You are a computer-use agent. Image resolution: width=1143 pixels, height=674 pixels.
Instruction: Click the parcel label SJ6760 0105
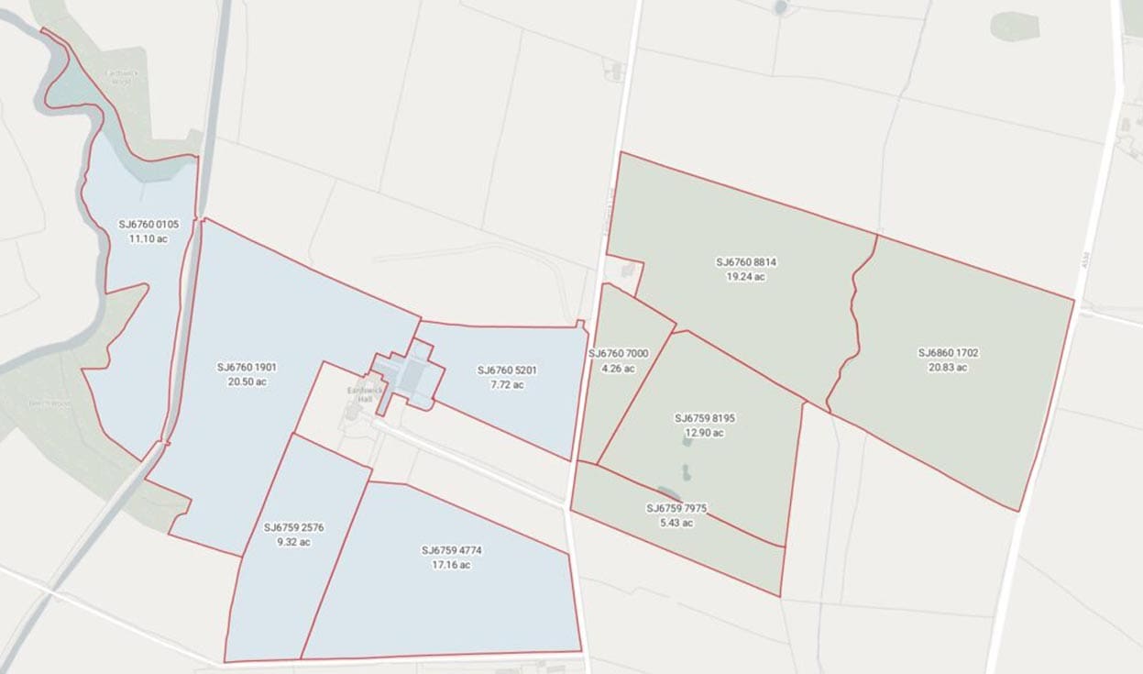click(x=148, y=224)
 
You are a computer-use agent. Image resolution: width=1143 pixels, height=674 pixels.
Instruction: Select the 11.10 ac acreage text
click(x=148, y=238)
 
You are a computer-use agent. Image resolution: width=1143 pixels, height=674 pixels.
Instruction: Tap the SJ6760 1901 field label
click(x=247, y=367)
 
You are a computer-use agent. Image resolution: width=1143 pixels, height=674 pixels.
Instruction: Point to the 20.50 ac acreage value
click(x=247, y=381)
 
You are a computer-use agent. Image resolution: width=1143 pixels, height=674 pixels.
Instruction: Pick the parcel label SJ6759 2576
click(x=293, y=527)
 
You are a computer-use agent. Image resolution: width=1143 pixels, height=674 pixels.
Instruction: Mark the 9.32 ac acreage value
click(x=293, y=542)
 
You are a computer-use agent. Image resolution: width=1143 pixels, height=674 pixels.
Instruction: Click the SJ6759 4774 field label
click(x=452, y=550)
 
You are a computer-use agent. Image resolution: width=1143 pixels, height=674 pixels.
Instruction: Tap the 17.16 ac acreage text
click(x=452, y=565)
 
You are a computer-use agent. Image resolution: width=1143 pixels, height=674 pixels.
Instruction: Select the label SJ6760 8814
click(x=746, y=261)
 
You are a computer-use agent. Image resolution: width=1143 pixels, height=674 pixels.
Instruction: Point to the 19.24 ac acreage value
click(x=746, y=276)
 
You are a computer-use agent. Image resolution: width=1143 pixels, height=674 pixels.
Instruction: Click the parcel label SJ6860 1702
click(x=949, y=352)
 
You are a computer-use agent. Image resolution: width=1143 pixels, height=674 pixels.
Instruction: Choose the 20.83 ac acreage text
click(x=949, y=367)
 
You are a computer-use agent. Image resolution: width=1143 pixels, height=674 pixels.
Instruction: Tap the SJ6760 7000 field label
click(x=618, y=354)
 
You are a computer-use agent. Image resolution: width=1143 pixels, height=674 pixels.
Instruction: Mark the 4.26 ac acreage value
click(x=618, y=369)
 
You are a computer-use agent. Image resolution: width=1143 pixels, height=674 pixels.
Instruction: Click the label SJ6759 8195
click(x=705, y=418)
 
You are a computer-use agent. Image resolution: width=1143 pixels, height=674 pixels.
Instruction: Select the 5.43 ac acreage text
click(x=676, y=523)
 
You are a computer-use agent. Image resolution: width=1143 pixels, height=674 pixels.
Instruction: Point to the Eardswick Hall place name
click(x=359, y=394)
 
